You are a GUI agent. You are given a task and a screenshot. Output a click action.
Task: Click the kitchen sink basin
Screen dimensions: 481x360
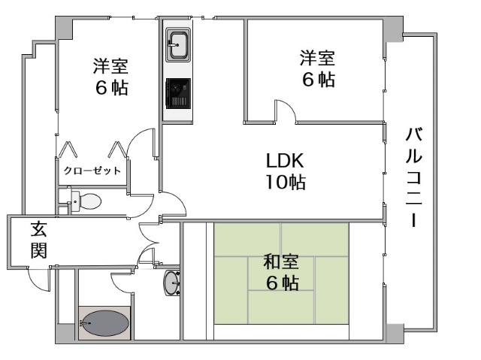tap(178, 45)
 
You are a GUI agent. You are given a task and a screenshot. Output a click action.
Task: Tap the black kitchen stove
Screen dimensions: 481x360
tap(178, 93)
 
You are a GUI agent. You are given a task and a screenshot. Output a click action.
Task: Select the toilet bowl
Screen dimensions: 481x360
tap(91, 201)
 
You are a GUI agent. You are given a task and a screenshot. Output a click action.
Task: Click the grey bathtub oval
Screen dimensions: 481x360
tap(104, 323)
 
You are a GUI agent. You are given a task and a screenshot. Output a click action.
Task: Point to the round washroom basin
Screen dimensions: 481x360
tap(172, 283)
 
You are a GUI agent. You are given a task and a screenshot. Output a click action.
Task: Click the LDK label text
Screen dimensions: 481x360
tap(285, 160)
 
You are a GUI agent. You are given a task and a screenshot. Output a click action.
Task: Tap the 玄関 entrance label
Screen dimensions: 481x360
tap(38, 240)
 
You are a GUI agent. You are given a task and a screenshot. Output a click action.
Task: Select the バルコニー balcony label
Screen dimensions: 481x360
tap(414, 177)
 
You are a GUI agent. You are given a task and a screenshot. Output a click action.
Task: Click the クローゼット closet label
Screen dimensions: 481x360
tap(92, 171)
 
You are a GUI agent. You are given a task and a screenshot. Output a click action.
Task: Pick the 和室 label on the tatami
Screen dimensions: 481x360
tap(280, 262)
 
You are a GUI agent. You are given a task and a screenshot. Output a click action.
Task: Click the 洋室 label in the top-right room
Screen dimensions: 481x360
tap(317, 58)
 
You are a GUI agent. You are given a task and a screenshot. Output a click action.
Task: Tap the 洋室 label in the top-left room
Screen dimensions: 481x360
tap(110, 66)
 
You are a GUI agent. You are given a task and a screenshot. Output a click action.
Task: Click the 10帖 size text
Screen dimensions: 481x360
tap(286, 182)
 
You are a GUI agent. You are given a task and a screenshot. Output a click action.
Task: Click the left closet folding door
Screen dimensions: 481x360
tap(68, 149)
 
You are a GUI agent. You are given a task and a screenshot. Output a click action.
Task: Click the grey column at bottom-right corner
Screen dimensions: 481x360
tap(395, 334)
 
